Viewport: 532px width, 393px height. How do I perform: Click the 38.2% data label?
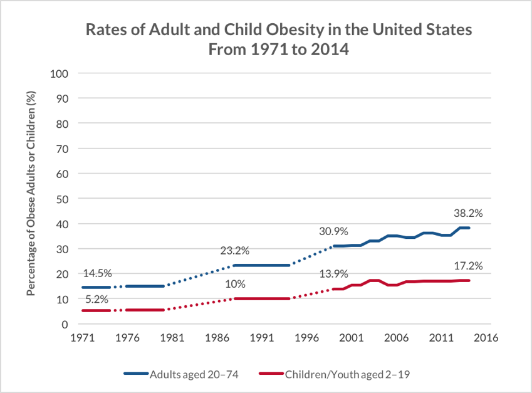[x=468, y=212]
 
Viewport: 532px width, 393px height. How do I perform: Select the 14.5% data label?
[x=96, y=274]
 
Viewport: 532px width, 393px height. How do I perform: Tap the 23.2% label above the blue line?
[x=235, y=251]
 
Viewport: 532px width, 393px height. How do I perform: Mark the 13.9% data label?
[x=333, y=274]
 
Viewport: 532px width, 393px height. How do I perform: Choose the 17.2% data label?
[x=468, y=266]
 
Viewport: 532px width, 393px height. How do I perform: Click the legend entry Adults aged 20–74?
[x=190, y=374]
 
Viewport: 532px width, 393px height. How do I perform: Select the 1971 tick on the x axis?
[x=82, y=337]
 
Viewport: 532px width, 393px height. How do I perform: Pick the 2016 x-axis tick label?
[x=486, y=337]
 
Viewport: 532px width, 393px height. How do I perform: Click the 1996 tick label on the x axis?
[x=306, y=337]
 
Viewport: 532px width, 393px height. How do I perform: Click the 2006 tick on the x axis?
[x=396, y=337]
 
